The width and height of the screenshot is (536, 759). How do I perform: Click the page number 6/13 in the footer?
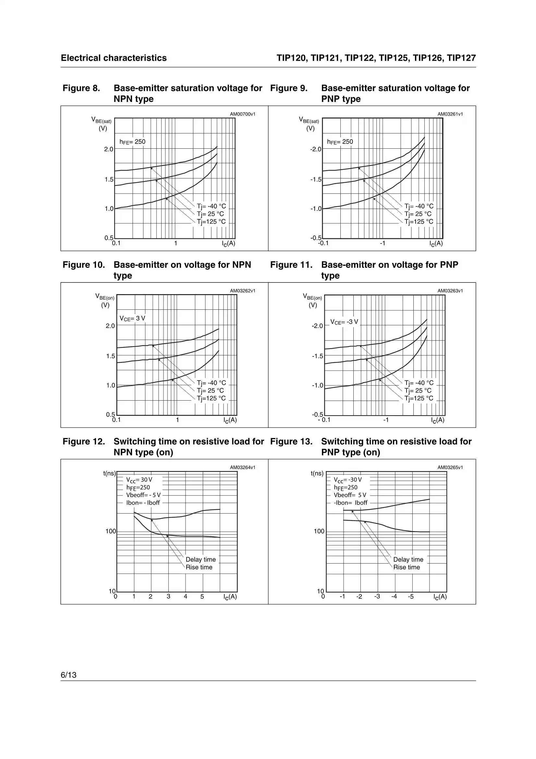[68, 675]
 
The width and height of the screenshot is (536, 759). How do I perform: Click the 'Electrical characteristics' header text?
[114, 58]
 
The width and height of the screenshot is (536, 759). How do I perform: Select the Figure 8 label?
[81, 88]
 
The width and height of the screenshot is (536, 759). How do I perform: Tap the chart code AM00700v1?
[243, 114]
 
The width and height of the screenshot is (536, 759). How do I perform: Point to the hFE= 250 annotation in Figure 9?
[340, 142]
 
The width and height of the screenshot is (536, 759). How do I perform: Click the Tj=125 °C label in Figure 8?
[212, 222]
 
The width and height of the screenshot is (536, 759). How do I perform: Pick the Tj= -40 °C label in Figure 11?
[419, 383]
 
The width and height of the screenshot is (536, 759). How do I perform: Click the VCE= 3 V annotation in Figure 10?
[132, 318]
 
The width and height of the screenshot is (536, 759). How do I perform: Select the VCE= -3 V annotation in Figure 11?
[344, 322]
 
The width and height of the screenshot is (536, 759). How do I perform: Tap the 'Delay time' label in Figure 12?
[201, 559]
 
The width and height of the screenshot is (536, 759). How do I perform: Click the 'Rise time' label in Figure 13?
[407, 567]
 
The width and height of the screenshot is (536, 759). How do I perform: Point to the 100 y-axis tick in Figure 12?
[111, 531]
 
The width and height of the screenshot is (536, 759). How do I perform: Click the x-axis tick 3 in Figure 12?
[168, 597]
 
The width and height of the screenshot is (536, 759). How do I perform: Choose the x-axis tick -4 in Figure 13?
[394, 597]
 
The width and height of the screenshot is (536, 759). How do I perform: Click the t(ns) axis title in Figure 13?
[317, 473]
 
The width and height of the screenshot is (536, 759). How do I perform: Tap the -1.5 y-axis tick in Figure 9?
[316, 180]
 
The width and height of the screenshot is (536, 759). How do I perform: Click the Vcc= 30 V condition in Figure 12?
[139, 480]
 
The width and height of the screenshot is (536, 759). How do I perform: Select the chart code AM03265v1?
[450, 467]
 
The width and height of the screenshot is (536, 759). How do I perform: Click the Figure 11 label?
[291, 265]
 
